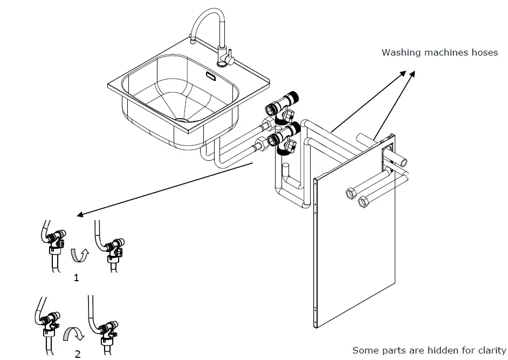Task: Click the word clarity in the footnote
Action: (x=489, y=350)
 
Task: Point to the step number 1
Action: (x=76, y=278)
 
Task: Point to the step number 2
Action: (x=78, y=354)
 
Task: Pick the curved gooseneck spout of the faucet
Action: (x=205, y=22)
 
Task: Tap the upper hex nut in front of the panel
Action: (x=349, y=193)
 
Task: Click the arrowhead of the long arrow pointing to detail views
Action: (x=79, y=214)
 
